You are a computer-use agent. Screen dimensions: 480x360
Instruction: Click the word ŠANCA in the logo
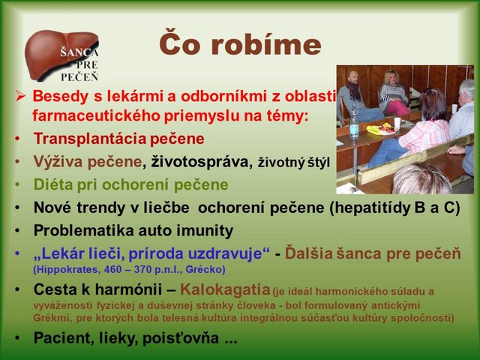79,52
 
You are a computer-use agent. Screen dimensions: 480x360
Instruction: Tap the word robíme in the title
265,45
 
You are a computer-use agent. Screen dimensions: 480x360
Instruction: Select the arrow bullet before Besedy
20,97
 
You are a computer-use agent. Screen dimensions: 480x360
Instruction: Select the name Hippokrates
67,270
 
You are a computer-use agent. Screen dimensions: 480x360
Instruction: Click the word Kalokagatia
225,289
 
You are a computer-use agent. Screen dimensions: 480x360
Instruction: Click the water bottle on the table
354,121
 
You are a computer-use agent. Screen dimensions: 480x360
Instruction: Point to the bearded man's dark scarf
355,91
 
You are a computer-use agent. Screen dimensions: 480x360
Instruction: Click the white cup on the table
397,122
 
